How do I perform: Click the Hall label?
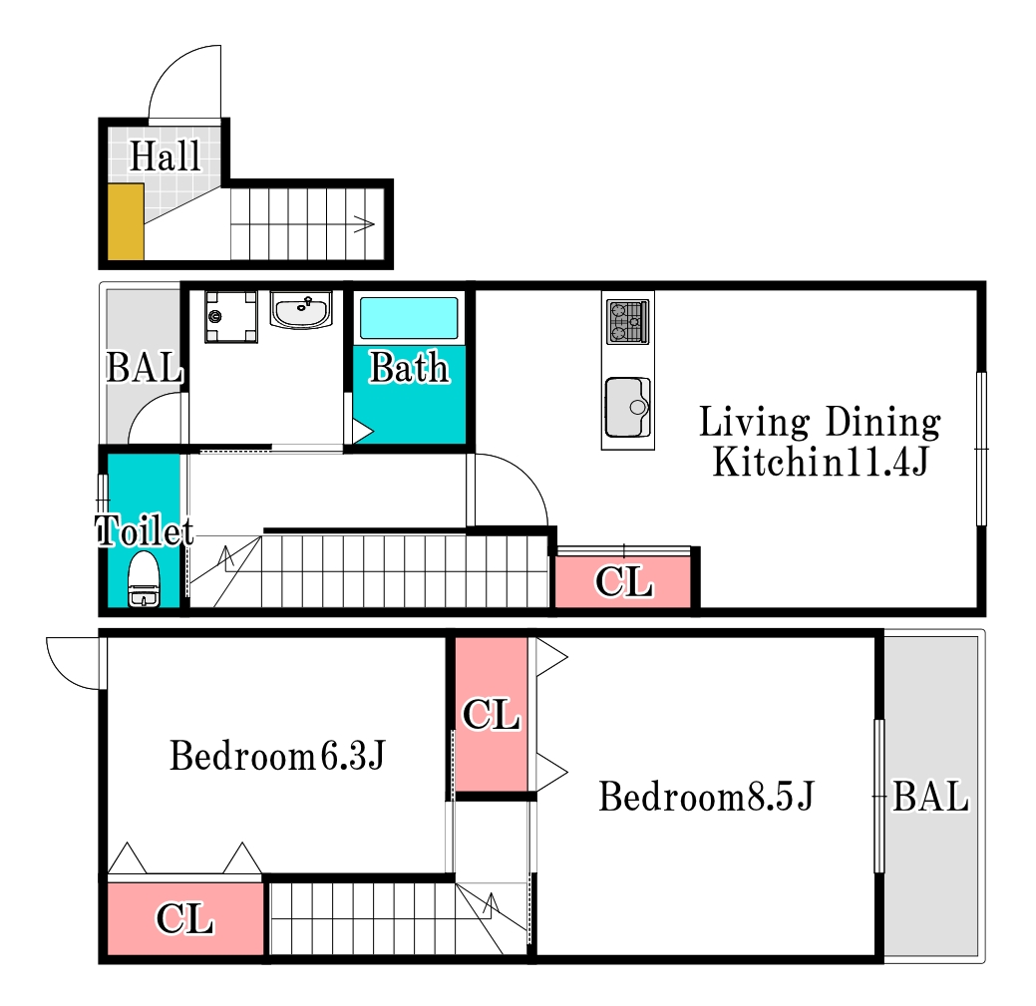(165, 157)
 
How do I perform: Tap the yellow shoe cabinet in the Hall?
(126, 222)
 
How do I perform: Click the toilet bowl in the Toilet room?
(144, 579)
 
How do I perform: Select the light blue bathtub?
(409, 318)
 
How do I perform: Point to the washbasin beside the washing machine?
(301, 310)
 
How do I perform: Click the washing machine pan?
(230, 317)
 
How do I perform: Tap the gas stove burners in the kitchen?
(627, 322)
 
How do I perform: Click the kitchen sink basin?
(627, 407)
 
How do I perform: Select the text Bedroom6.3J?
(277, 756)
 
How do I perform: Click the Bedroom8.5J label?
(706, 796)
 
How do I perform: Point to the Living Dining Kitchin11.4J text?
(820, 442)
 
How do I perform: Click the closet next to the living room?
(623, 581)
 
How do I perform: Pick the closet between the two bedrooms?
(491, 714)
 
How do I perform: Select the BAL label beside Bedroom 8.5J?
(930, 796)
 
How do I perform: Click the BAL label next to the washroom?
(144, 367)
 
